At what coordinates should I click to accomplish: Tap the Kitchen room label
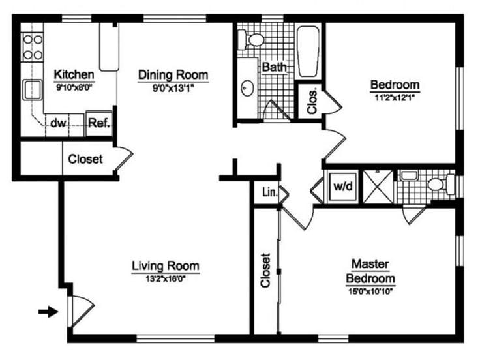[74, 74]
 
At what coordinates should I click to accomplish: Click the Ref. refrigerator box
[98, 123]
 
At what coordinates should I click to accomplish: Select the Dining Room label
[173, 75]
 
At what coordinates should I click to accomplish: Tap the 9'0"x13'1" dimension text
[173, 87]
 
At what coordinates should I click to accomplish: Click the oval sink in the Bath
[248, 87]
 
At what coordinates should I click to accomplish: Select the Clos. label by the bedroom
[311, 101]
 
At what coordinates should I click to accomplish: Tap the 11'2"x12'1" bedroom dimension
[394, 96]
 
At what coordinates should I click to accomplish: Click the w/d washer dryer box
[342, 186]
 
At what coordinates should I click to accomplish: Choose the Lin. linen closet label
[267, 192]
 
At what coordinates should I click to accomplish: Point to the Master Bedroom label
[370, 271]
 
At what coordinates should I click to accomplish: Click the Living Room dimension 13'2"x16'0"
[165, 277]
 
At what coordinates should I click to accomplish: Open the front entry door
[80, 312]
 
